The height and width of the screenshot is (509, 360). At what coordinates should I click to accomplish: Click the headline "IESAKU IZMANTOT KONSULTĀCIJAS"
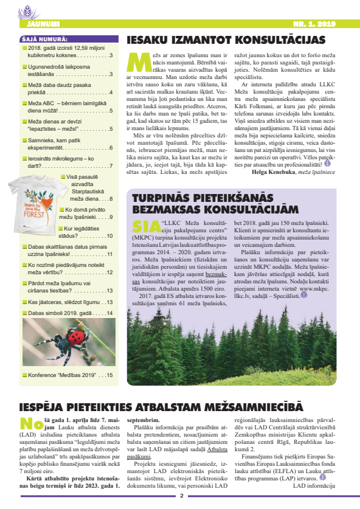[226, 41]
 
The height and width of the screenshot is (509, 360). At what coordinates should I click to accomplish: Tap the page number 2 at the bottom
[181, 496]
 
